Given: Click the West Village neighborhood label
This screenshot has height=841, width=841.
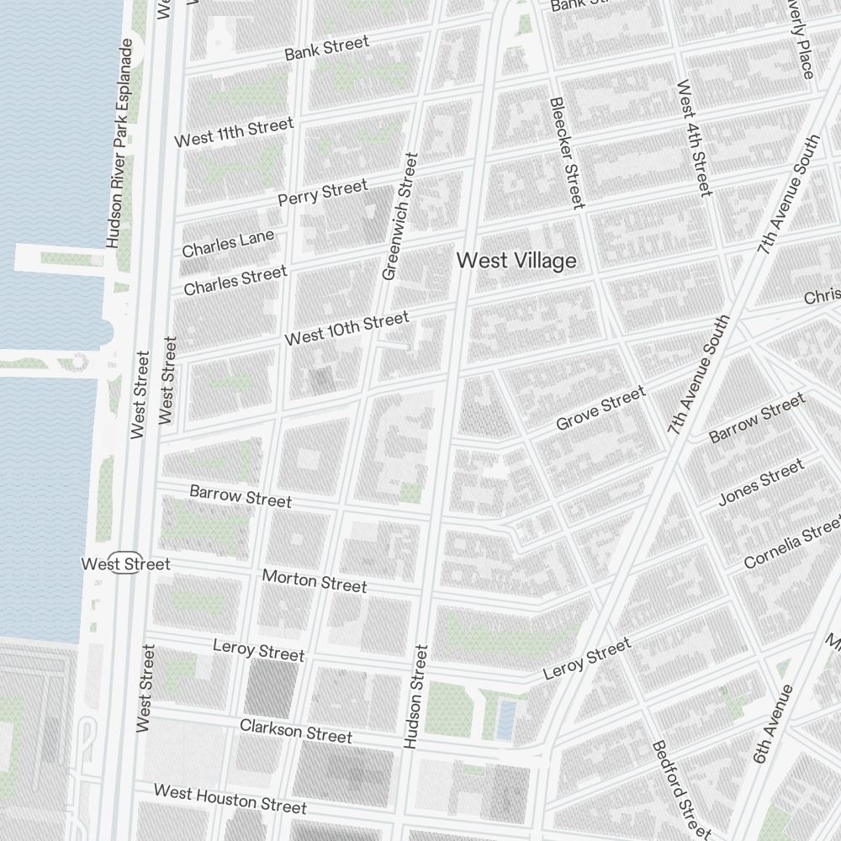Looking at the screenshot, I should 516,261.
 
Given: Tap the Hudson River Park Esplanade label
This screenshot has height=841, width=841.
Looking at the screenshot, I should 119,143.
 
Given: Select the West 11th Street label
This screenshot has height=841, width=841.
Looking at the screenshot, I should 234,132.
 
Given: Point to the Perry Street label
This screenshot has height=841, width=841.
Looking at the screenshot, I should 323,193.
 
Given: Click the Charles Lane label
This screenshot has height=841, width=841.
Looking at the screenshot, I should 228,243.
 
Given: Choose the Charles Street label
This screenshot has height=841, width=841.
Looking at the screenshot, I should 235,281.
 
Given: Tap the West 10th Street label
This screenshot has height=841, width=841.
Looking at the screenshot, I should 346,328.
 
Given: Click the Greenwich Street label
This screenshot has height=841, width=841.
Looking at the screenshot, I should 399,216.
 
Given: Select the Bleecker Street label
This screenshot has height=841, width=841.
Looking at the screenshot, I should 566,152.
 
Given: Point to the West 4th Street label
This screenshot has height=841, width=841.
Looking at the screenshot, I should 694,138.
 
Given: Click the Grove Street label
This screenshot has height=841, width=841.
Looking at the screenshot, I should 600,408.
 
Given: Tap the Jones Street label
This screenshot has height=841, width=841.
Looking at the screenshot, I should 761,483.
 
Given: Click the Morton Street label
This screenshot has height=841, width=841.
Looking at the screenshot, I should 315,580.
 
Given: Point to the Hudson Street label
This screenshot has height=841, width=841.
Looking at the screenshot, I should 415,696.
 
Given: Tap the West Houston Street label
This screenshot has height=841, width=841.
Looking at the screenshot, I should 230,799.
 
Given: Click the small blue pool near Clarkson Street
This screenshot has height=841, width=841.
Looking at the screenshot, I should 505,720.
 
